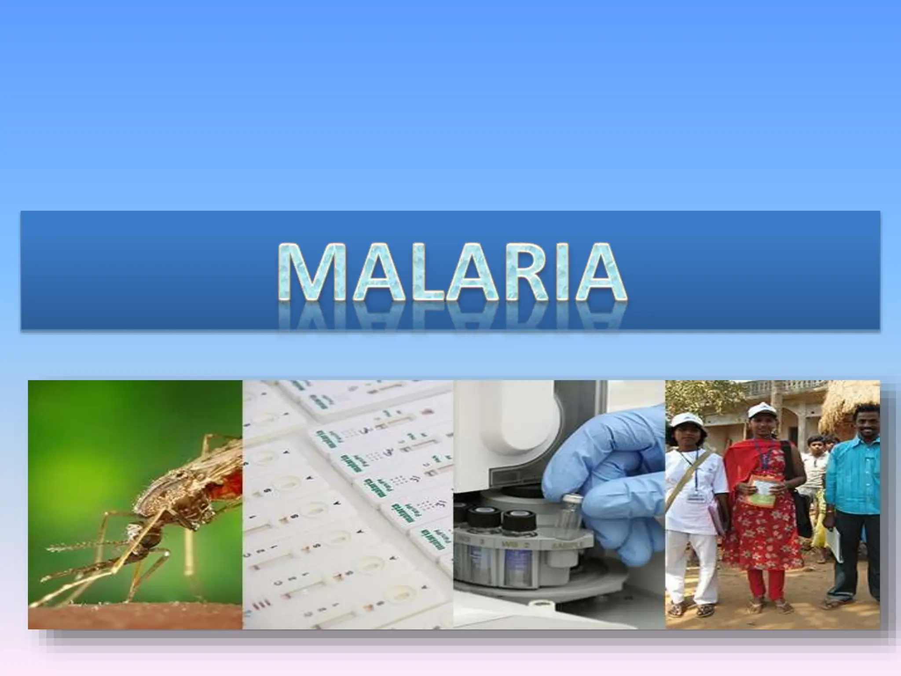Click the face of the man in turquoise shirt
click(863, 421)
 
